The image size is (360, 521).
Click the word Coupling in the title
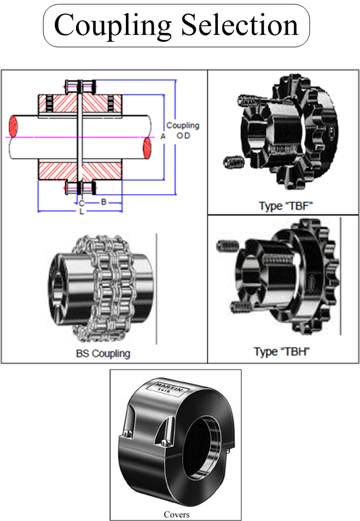click(x=113, y=26)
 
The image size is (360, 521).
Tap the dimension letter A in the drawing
click(x=162, y=137)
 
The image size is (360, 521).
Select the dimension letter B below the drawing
click(x=103, y=201)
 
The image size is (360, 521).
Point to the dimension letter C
click(x=81, y=203)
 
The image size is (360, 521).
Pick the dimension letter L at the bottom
click(x=82, y=211)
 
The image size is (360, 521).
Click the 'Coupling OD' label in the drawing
click(x=183, y=130)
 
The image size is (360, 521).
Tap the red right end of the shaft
click(x=148, y=148)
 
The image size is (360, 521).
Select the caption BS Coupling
click(x=103, y=353)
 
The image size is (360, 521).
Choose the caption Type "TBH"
click(x=282, y=352)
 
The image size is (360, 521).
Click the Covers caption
click(x=176, y=514)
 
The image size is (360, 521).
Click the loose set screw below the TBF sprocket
click(x=233, y=162)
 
